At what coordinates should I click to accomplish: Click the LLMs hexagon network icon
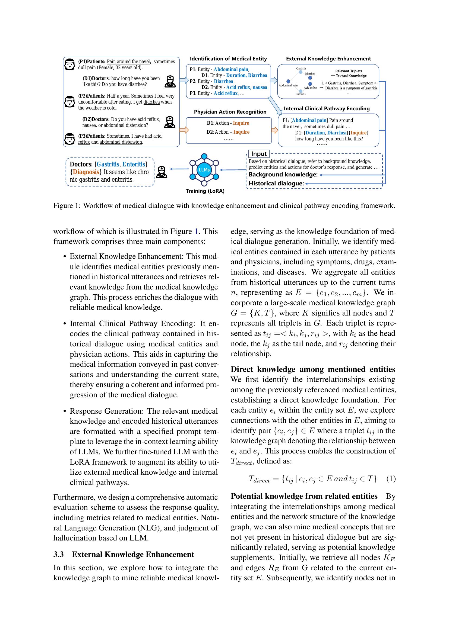pyautogui.click(x=204, y=169)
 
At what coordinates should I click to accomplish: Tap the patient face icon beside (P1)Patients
pyautogui.click(x=70, y=64)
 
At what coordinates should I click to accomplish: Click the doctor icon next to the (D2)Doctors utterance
pyautogui.click(x=169, y=122)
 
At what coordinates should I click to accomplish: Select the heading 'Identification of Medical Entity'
pyautogui.click(x=228, y=59)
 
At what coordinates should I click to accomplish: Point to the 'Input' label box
pyautogui.click(x=259, y=154)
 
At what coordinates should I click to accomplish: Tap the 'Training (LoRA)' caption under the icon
pyautogui.click(x=205, y=191)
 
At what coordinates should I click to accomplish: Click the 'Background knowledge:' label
pyautogui.click(x=283, y=175)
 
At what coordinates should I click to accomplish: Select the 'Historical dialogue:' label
pyautogui.click(x=276, y=183)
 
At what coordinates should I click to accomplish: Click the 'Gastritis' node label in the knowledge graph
pyautogui.click(x=301, y=69)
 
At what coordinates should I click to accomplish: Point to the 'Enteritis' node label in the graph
pyautogui.click(x=300, y=94)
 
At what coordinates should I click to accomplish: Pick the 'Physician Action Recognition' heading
pyautogui.click(x=230, y=112)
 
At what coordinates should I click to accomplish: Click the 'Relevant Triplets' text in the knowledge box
pyautogui.click(x=349, y=71)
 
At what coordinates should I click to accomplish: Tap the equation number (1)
pyautogui.click(x=391, y=478)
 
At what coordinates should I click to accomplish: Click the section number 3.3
pyautogui.click(x=59, y=555)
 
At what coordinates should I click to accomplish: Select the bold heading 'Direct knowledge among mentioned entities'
pyautogui.click(x=313, y=369)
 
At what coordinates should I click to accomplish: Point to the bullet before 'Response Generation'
pyautogui.click(x=65, y=411)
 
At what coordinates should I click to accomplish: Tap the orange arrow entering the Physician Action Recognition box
pyautogui.click(x=184, y=130)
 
